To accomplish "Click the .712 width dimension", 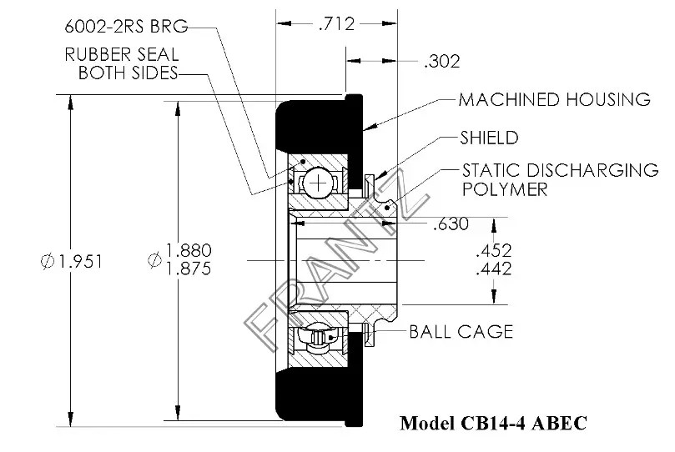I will pos(337,24).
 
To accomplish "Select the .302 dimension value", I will pos(442,61).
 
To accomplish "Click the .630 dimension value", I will pos(450,223).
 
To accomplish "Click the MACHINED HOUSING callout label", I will pos(554,100).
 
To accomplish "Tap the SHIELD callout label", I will pos(489,138).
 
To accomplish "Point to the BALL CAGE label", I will pos(461,332).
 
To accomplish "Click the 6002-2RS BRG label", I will pos(124,26).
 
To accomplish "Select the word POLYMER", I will pos(504,189).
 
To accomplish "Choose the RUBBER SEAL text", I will pos(121,55).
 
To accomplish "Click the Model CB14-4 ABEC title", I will pos(493,423).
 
